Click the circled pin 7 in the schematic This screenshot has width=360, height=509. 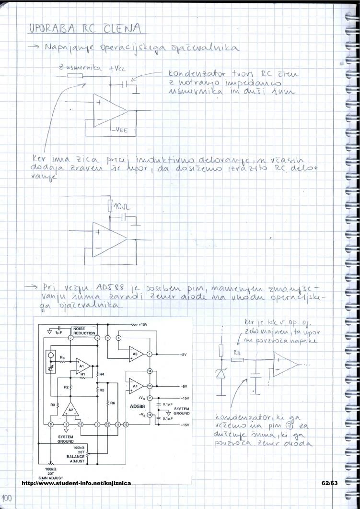[70, 338]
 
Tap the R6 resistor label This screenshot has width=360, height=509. [112, 403]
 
